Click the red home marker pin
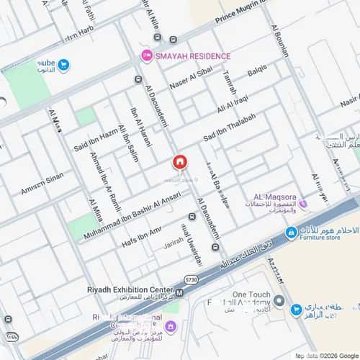click(179, 163)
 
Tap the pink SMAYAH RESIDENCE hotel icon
click(146, 55)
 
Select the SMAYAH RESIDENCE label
click(193, 56)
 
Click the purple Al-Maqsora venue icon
click(303, 204)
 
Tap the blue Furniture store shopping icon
click(291, 232)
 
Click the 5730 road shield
click(191, 279)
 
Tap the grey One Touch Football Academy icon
click(279, 300)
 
